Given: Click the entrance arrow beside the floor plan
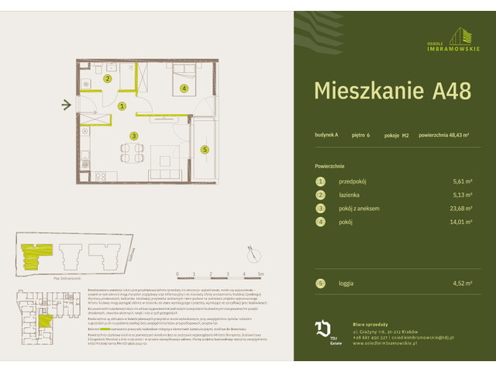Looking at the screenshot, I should (x=67, y=105).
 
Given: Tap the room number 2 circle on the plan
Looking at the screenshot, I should (x=108, y=78).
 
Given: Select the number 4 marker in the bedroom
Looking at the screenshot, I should (x=184, y=88).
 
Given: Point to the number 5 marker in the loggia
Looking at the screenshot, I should (x=205, y=150).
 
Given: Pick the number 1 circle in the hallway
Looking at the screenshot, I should (x=122, y=106).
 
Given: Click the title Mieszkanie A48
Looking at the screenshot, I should (x=392, y=90).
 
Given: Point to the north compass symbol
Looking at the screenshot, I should (x=252, y=250).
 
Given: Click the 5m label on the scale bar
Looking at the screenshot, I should (x=261, y=274).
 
